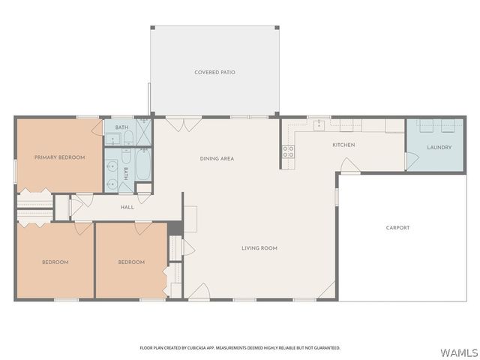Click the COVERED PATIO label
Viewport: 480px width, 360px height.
(214, 73)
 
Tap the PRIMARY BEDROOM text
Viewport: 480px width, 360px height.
(59, 157)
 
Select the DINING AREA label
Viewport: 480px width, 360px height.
(217, 158)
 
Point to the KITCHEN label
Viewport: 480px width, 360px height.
(344, 145)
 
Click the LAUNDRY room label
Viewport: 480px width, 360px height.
(439, 147)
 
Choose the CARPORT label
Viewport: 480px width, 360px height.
(397, 228)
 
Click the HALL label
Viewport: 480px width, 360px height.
(127, 206)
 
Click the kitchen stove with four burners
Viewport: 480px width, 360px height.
(288, 153)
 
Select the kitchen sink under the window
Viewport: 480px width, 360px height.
(319, 124)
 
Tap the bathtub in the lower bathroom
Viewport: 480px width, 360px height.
(142, 163)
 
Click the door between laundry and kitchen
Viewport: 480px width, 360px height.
(409, 160)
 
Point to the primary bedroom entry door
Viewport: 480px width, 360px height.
(97, 127)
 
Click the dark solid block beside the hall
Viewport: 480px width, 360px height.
(174, 226)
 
